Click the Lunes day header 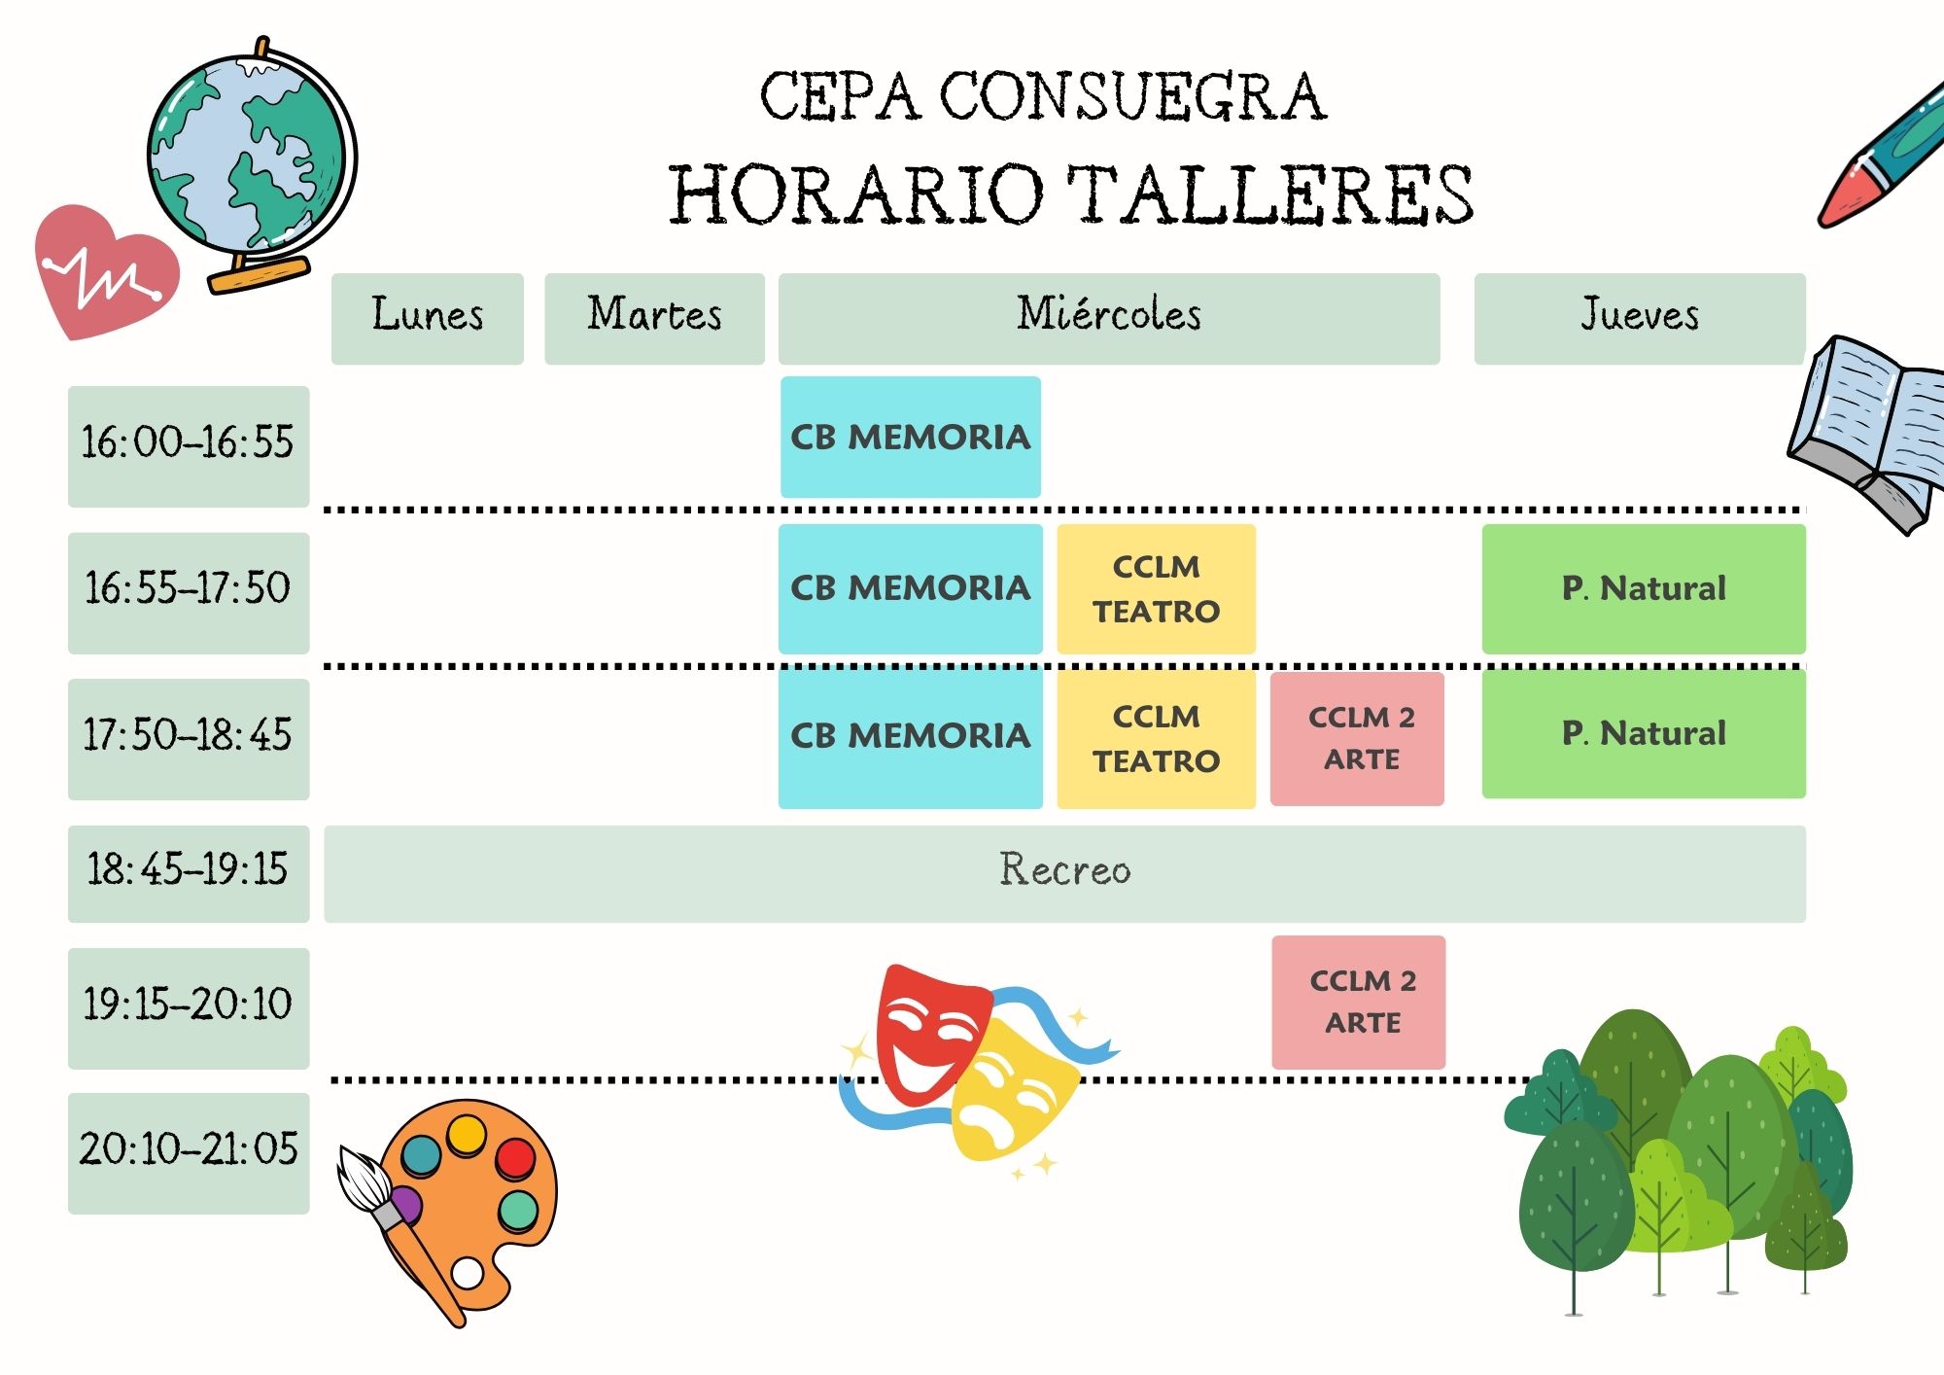click(427, 319)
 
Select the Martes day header click(654, 319)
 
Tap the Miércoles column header click(1109, 319)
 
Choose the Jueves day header click(1640, 319)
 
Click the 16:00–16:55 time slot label click(189, 446)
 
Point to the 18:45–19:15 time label click(189, 873)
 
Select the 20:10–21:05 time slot click(189, 1153)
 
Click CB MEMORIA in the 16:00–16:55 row click(911, 437)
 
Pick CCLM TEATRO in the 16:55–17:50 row click(1156, 588)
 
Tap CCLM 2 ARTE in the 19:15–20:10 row click(1359, 1002)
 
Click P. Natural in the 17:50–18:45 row click(1644, 733)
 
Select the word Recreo click(1065, 869)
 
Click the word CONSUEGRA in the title click(1132, 96)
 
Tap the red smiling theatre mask click(931, 1031)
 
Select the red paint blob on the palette click(515, 1157)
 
